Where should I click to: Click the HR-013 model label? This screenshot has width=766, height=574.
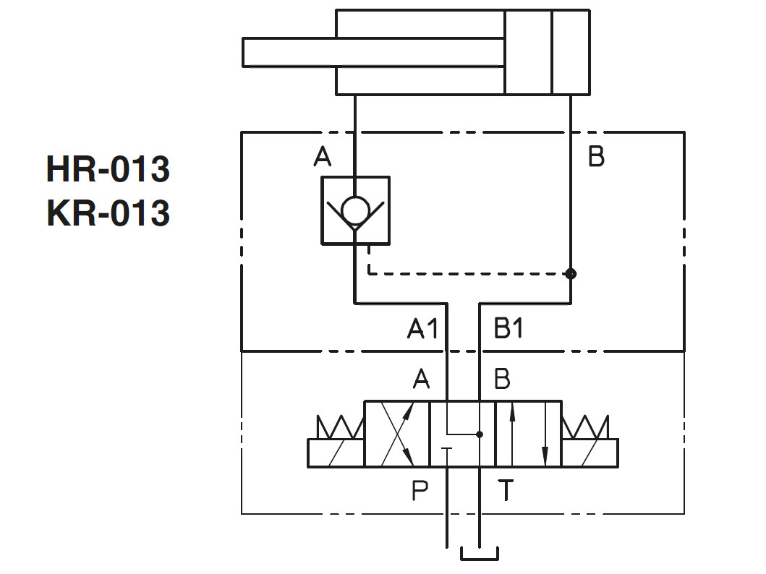(x=108, y=170)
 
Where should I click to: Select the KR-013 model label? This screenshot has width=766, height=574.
(x=108, y=214)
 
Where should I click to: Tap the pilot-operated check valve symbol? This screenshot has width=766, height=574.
(x=355, y=210)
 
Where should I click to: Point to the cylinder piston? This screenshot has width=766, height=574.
(x=528, y=52)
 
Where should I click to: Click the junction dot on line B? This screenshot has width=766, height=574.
(x=571, y=273)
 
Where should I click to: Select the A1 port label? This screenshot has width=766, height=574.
(x=423, y=330)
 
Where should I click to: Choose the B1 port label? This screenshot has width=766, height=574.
(x=508, y=330)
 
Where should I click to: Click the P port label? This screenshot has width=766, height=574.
(x=420, y=491)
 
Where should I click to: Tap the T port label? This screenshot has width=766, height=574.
(x=506, y=491)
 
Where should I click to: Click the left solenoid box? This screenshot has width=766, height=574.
(x=336, y=453)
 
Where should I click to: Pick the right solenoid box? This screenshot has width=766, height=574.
(x=590, y=453)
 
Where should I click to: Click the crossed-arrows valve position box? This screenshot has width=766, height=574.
(x=397, y=434)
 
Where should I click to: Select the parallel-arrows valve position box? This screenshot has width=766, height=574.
(x=528, y=434)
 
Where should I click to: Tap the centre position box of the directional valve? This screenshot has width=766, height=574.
(x=462, y=434)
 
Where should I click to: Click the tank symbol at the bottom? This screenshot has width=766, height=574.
(x=480, y=554)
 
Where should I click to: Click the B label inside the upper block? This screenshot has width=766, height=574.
(x=596, y=157)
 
